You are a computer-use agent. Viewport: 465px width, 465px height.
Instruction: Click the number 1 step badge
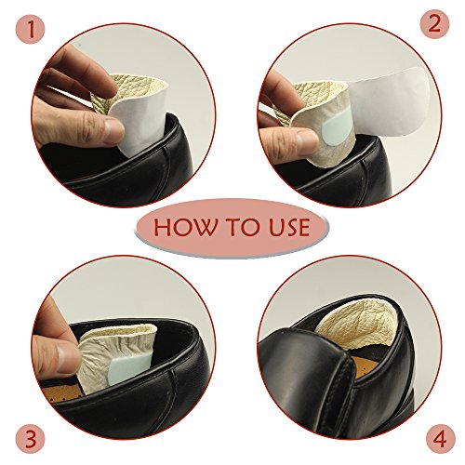30,30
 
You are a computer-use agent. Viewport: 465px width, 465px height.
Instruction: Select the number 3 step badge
30,439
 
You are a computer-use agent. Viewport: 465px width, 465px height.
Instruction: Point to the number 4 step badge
440,439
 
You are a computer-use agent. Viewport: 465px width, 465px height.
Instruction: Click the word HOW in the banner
185,227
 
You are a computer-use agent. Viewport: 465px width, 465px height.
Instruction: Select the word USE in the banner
289,227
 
